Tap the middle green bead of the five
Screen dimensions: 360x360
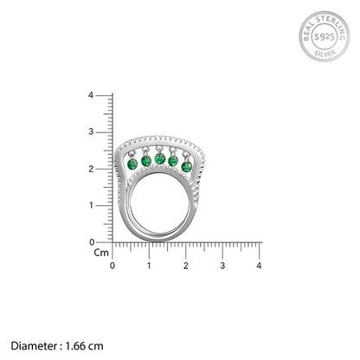point(159,161)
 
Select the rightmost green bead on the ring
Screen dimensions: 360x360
point(186,164)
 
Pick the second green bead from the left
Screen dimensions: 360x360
point(146,162)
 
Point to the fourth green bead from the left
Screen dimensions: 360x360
point(173,162)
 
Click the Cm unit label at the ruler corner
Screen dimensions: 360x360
point(100,254)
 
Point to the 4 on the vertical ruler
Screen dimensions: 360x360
point(102,95)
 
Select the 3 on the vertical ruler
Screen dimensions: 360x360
point(102,132)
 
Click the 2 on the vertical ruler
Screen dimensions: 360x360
point(102,169)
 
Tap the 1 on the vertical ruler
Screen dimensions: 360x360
point(102,206)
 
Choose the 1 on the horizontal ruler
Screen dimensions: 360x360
point(149,265)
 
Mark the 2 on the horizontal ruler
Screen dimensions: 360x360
point(186,265)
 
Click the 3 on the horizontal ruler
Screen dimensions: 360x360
point(222,265)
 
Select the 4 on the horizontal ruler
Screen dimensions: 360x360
point(260,265)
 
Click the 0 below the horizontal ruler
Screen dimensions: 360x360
point(112,265)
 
